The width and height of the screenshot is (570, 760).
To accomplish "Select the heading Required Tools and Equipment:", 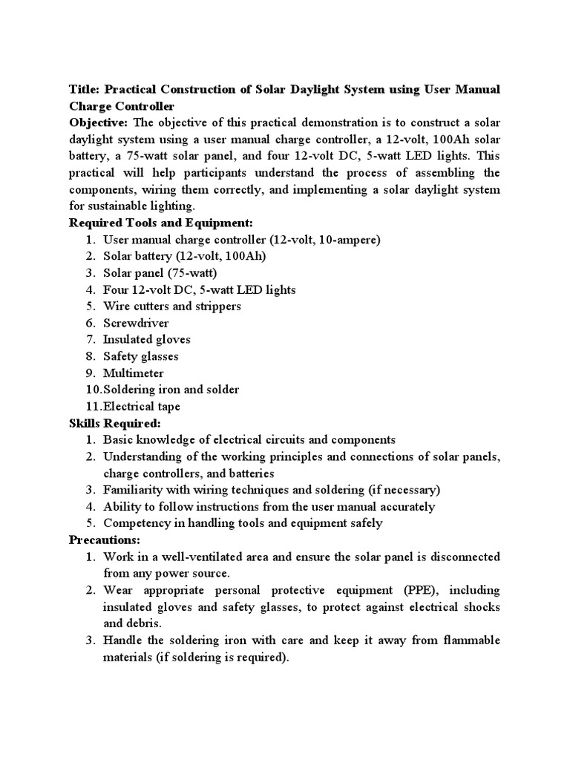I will point(161,223).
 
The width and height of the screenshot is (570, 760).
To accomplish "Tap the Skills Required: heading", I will point(114,423).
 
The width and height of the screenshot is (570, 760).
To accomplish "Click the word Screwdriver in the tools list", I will point(136,323).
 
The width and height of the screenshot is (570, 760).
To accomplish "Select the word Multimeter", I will point(134,373).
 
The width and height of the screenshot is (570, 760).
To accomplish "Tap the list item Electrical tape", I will point(142,407).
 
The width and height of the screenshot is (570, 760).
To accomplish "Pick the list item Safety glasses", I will point(141,356).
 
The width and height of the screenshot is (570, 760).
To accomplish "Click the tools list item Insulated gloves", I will point(147,339).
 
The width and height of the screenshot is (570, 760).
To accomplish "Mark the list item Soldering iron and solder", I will point(171,390).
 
